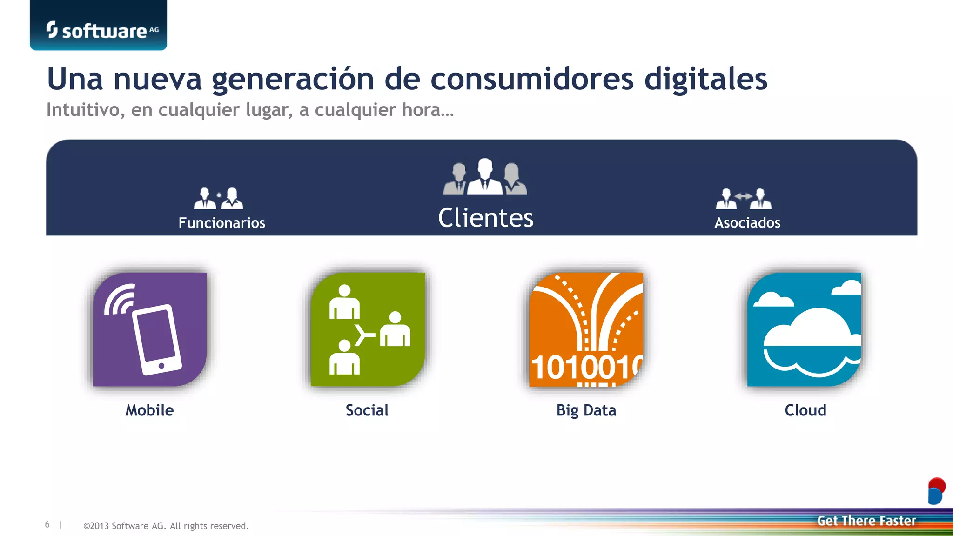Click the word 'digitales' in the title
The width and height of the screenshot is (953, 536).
(x=705, y=79)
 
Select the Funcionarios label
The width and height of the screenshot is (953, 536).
(x=221, y=223)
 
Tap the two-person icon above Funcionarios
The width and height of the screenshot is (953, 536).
(x=218, y=198)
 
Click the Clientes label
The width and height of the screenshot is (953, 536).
(x=485, y=218)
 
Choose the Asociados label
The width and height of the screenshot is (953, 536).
(x=747, y=223)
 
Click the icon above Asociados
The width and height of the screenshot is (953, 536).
(x=743, y=199)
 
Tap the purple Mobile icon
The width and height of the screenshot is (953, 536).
(x=150, y=329)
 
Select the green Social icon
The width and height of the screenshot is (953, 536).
(x=368, y=329)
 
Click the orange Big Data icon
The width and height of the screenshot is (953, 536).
(x=586, y=329)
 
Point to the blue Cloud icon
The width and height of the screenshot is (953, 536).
(x=804, y=329)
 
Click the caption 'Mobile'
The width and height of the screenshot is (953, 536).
(x=149, y=410)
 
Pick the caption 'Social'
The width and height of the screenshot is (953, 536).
(x=367, y=410)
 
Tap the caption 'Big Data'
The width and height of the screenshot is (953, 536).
(x=586, y=410)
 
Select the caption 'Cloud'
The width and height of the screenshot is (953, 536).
(x=805, y=410)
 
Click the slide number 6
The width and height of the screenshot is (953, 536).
(x=47, y=525)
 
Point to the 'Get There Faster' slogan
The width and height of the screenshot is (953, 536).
(x=866, y=521)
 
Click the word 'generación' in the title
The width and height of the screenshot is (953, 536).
(x=293, y=79)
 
